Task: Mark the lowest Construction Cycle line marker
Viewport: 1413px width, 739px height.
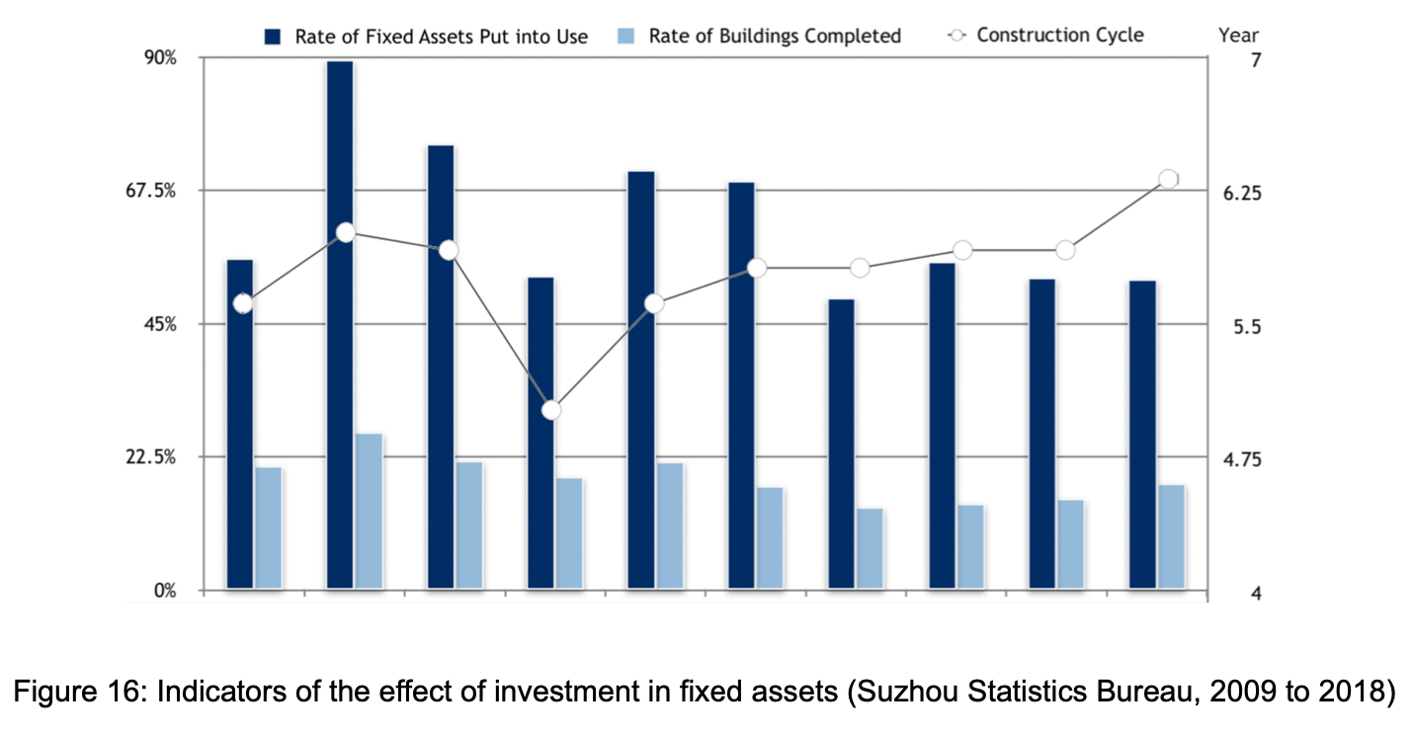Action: click(x=551, y=410)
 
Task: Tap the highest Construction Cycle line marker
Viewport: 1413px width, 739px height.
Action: click(x=1168, y=179)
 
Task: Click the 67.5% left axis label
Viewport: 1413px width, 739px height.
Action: click(x=177, y=191)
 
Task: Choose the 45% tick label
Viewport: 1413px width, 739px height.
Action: click(x=185, y=324)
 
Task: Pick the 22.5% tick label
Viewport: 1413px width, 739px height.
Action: click(x=177, y=457)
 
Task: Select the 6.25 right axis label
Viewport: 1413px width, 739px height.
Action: click(x=1241, y=194)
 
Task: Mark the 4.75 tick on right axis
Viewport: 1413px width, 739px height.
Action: click(x=1241, y=460)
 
